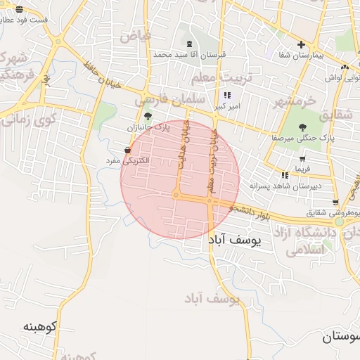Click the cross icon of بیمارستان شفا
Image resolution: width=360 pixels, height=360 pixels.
(301, 44)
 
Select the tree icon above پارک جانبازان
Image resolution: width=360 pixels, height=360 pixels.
(147, 117)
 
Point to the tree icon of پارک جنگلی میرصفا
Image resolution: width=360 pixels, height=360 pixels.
(302, 127)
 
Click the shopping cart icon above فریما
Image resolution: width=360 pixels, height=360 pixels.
(301, 158)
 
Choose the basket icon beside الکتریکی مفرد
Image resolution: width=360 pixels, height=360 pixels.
(127, 150)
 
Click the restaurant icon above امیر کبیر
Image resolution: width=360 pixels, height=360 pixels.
(226, 95)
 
